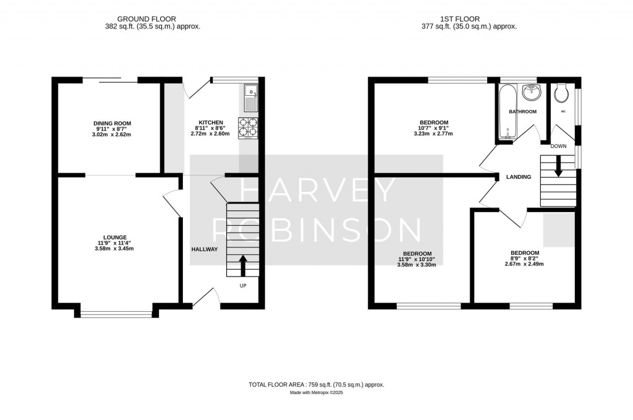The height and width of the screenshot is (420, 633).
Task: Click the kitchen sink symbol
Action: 250,93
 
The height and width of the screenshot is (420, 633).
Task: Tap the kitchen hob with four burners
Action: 248,127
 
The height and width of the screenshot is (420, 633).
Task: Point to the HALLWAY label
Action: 204,249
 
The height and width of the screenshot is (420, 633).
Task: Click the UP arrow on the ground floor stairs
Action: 242,265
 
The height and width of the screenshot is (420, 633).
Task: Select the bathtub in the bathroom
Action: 505,111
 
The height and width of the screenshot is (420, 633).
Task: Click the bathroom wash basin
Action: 530,93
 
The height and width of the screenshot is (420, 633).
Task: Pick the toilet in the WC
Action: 562,93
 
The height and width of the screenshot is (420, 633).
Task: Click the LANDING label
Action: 518,177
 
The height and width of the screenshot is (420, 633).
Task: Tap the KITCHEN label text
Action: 210,122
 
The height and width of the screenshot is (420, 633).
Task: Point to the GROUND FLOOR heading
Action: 153,19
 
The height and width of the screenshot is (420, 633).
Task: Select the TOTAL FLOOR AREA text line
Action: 316,385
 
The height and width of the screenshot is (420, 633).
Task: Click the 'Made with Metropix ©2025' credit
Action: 316,393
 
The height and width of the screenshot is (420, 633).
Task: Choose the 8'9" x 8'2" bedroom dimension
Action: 524,259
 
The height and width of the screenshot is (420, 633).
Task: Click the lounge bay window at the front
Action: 116,314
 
